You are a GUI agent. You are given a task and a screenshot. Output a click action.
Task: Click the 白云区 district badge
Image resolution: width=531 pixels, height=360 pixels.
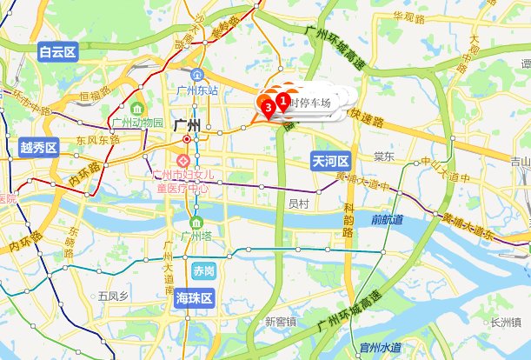[x=58, y=53]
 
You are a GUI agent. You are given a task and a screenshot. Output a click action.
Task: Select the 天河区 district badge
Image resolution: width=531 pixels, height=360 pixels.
[x=331, y=161]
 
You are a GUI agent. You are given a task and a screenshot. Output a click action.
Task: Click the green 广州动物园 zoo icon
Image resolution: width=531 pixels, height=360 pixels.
[x=139, y=107]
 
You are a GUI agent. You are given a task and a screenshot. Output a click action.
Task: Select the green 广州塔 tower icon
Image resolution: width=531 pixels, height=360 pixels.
[x=197, y=220]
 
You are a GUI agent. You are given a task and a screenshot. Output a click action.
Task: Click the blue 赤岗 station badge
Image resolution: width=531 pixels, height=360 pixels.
[x=204, y=270]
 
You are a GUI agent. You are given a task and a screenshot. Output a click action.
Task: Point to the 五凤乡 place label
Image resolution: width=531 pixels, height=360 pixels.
[x=113, y=297]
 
